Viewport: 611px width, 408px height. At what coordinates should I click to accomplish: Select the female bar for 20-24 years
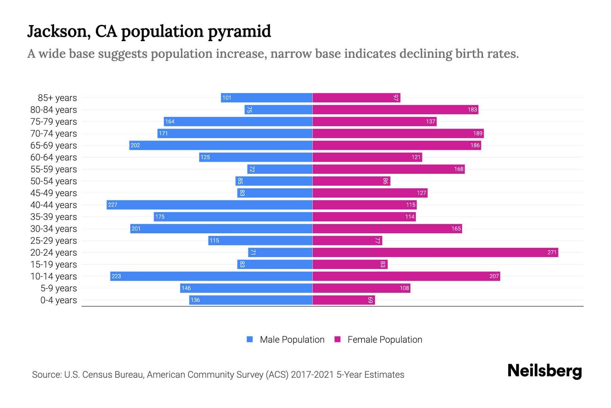pyautogui.click(x=435, y=252)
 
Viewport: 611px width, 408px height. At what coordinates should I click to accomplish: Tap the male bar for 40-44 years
pyautogui.click(x=209, y=205)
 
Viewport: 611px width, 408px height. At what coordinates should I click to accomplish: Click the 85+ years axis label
pyautogui.click(x=57, y=98)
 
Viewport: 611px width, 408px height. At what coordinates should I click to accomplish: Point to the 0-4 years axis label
pyautogui.click(x=58, y=300)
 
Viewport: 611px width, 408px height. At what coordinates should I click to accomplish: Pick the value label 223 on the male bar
pyautogui.click(x=116, y=276)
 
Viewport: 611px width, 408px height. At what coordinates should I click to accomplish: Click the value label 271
pyautogui.click(x=552, y=252)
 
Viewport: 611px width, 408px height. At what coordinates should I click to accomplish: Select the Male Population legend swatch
pyautogui.click(x=250, y=339)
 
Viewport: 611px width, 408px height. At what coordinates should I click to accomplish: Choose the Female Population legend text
pyautogui.click(x=385, y=340)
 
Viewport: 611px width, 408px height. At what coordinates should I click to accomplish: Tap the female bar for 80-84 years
pyautogui.click(x=395, y=109)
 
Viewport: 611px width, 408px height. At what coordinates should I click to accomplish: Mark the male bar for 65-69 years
pyautogui.click(x=221, y=145)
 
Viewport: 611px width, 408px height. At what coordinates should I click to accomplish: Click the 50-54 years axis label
pyautogui.click(x=54, y=181)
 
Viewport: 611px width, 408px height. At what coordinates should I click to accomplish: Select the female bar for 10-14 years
pyautogui.click(x=406, y=276)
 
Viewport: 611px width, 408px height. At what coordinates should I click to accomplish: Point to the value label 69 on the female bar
pyautogui.click(x=370, y=300)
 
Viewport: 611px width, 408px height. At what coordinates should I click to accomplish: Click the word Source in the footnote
pyautogui.click(x=47, y=375)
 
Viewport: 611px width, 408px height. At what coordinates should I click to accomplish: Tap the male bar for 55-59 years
pyautogui.click(x=280, y=169)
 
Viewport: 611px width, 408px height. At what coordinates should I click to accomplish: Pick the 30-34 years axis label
pyautogui.click(x=54, y=229)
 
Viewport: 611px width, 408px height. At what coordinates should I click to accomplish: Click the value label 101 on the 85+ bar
pyautogui.click(x=226, y=98)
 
